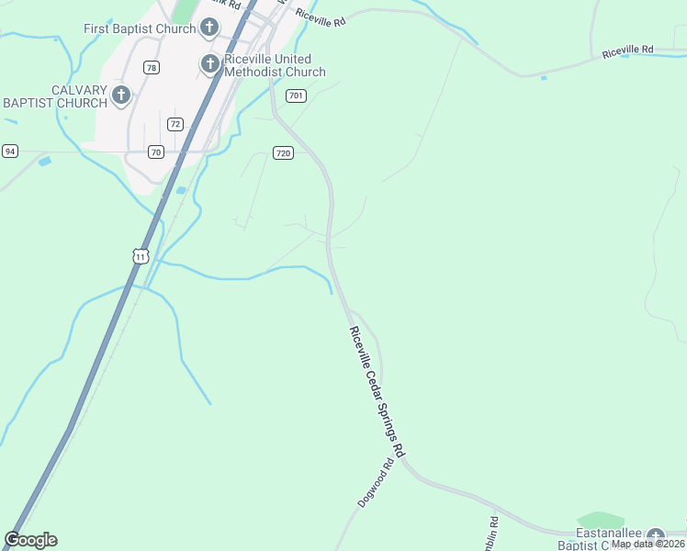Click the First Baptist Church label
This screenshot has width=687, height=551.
click(140, 28)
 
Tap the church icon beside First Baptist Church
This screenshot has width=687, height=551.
click(209, 28)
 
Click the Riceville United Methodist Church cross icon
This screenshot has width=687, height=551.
click(209, 64)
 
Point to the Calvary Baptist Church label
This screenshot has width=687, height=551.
click(54, 96)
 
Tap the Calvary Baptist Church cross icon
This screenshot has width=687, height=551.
click(121, 95)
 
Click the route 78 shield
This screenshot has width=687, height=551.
click(152, 67)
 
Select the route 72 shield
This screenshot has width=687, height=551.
click(175, 123)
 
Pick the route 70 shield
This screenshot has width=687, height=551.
click(156, 152)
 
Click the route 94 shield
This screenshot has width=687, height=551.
click(10, 151)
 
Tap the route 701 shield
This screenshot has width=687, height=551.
click(295, 96)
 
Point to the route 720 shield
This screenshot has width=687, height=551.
click(283, 152)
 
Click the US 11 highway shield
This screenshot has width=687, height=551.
click(140, 256)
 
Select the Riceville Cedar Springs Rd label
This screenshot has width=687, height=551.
click(377, 392)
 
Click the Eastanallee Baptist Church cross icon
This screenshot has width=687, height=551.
click(655, 536)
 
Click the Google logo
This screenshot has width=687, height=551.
click(30, 540)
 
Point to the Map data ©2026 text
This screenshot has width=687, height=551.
click(648, 544)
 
